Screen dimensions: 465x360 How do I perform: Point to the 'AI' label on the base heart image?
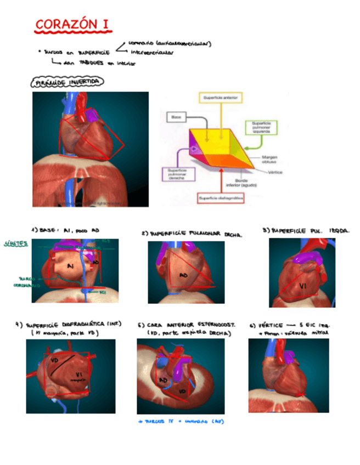70,266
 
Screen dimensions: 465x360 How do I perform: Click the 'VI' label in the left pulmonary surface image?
302,285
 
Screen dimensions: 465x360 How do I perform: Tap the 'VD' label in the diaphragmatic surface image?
54,360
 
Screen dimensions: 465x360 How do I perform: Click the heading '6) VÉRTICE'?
269,325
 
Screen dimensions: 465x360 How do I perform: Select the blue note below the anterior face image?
181,421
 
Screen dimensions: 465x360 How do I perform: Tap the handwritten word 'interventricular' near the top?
152,53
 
